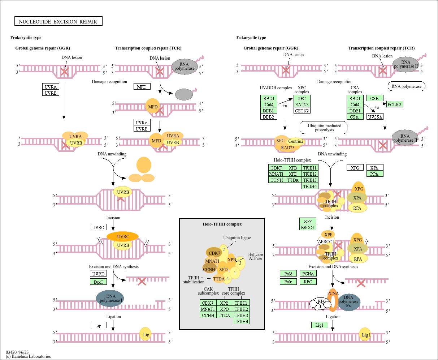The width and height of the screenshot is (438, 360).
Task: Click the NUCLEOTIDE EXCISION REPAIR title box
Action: (58, 22)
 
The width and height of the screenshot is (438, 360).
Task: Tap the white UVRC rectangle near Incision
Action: (98, 227)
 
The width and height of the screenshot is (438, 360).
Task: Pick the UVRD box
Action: (98, 274)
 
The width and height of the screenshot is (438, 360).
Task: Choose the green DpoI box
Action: (98, 282)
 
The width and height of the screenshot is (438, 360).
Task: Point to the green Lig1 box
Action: (320, 325)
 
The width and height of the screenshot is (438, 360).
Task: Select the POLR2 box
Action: (395, 104)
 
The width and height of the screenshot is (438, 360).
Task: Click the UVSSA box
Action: (375, 117)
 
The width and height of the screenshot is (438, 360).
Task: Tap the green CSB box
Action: (374, 98)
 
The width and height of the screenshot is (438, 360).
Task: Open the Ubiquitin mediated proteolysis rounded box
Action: (324, 128)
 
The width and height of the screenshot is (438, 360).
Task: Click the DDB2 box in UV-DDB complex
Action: (268, 117)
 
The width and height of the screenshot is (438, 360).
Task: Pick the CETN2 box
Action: (302, 111)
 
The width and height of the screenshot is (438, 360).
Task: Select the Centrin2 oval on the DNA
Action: (296, 141)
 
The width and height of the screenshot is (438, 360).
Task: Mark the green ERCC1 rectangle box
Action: (308, 227)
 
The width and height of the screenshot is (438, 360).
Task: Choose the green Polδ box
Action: (288, 274)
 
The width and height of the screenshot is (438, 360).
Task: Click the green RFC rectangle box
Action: (308, 282)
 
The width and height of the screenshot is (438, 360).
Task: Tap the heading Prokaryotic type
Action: (26, 38)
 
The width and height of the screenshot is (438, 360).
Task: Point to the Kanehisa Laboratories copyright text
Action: (28, 356)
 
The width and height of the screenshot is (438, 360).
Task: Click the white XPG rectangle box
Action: (355, 168)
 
